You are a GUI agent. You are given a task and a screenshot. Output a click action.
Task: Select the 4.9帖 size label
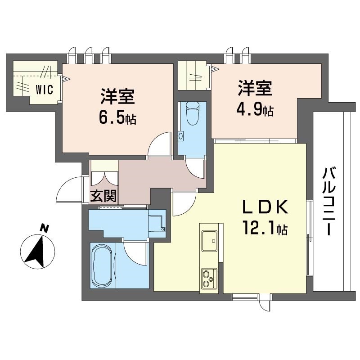pyautogui.click(x=255, y=110)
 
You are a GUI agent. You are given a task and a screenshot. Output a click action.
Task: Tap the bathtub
pyautogui.click(x=103, y=265)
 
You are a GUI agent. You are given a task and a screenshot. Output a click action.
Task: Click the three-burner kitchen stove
pyautogui.click(x=209, y=277)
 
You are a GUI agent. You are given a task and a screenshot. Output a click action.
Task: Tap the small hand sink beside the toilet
pyautogui.click(x=181, y=135)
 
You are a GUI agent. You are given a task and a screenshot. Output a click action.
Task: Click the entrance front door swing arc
pyautogui.click(x=71, y=189)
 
